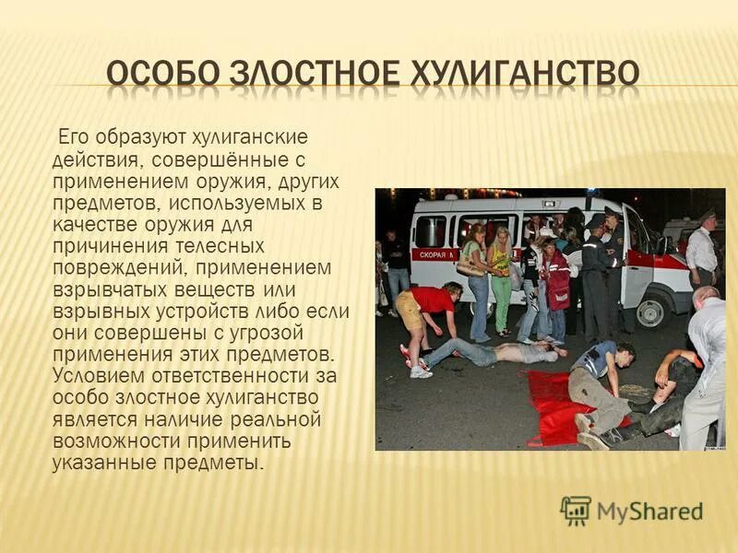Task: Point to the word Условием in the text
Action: pos(89,376)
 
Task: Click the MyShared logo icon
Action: pos(576,511)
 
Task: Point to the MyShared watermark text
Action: pos(649,512)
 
